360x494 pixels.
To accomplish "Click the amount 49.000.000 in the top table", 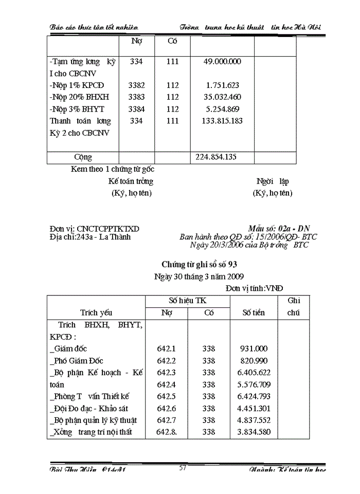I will pos(219,61).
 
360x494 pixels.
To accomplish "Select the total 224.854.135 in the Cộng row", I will pos(217,157).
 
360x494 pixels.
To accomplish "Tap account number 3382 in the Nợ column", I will pos(136,85).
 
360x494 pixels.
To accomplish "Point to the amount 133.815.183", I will pos(219,121).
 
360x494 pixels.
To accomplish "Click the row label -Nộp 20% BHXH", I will pos(80,97).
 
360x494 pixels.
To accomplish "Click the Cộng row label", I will pos(83,157).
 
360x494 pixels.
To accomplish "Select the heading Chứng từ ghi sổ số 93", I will pos(199,264).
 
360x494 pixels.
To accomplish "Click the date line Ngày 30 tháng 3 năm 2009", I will pos(199,277).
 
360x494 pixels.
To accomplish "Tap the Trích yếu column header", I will pos(96,312).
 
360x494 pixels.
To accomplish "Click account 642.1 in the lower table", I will pos(166,348).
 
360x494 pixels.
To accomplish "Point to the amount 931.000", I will pos(254,348).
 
